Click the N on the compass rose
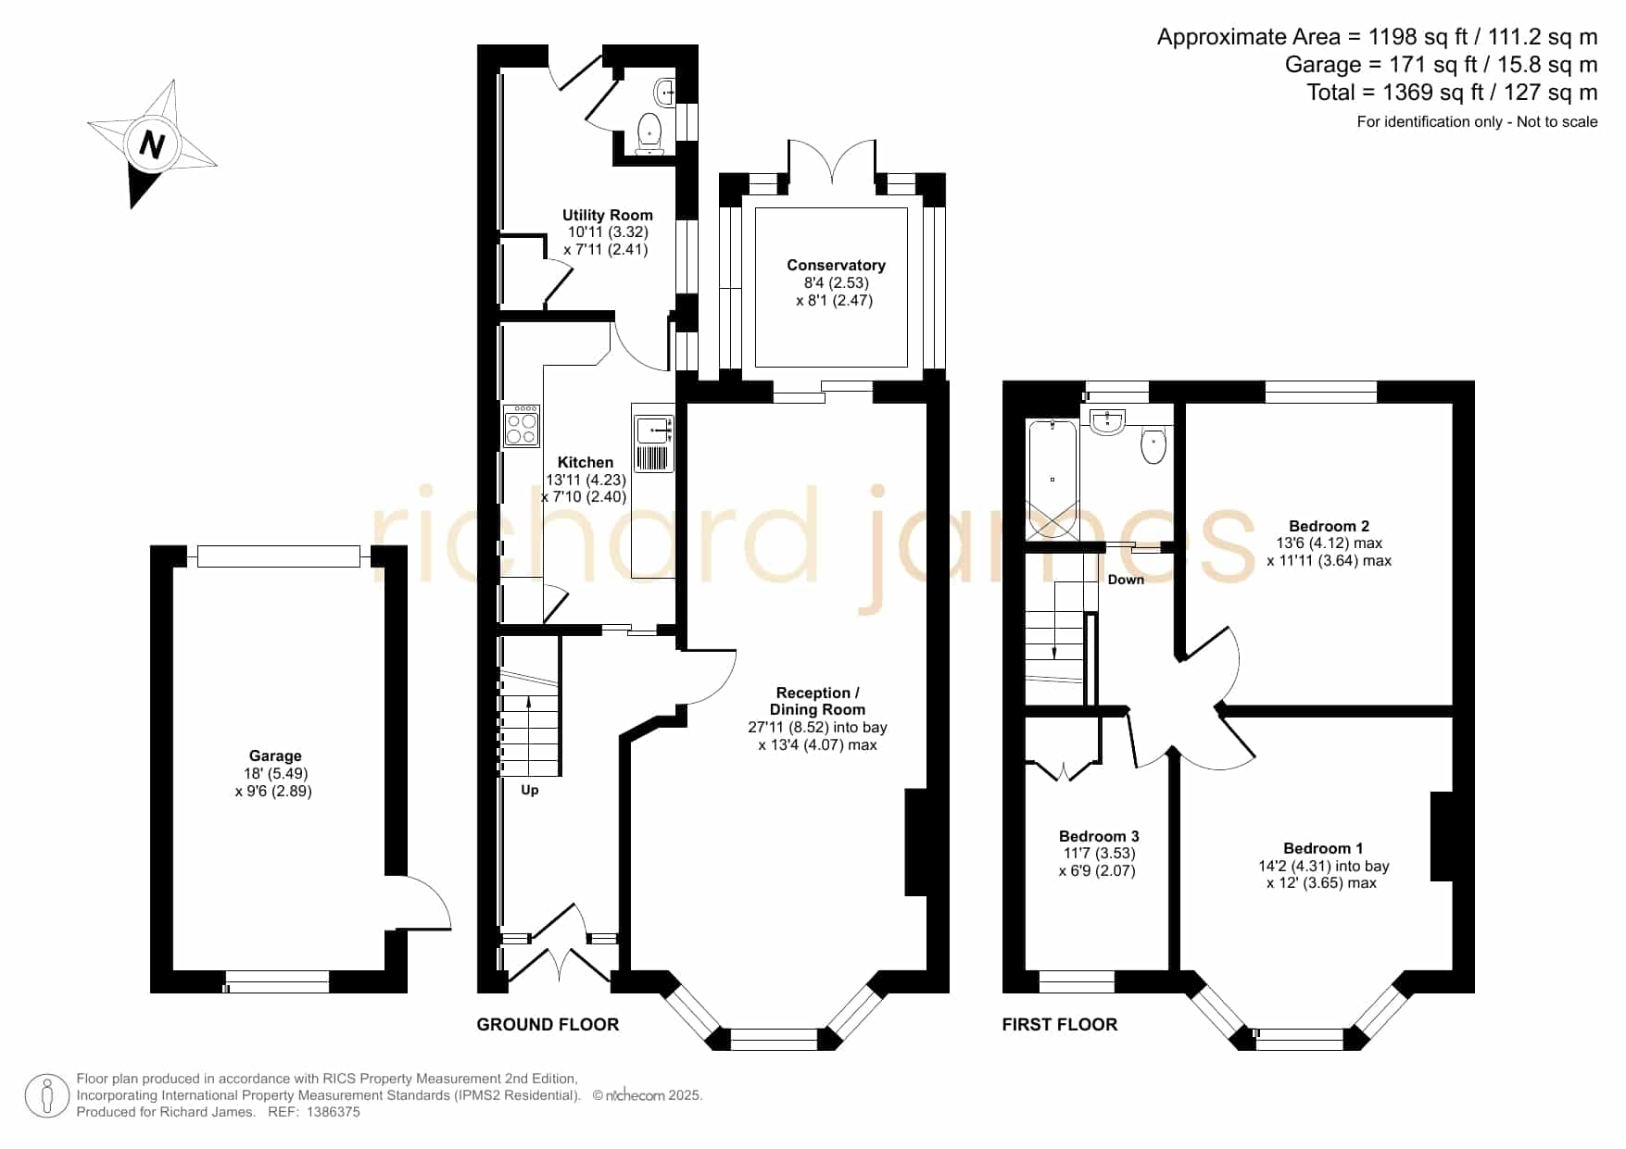tap(152, 144)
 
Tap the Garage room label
tap(275, 756)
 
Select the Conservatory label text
tap(836, 265)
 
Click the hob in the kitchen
tap(522, 426)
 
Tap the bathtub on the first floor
tap(1052, 480)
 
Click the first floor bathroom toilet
tap(1153, 444)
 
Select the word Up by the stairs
tap(529, 790)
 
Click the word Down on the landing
tap(1126, 580)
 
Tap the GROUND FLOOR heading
tap(548, 1024)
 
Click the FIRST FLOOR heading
tap(1060, 1024)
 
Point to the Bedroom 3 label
tap(1099, 836)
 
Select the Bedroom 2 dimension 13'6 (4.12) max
tap(1329, 543)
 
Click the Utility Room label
tap(608, 215)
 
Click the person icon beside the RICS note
tap(46, 1096)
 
